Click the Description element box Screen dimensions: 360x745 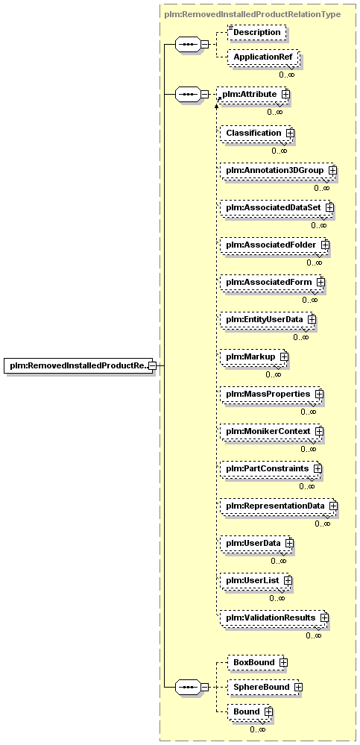(257, 32)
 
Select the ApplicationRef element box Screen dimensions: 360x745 (263, 57)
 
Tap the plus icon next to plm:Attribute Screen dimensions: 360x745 (285, 94)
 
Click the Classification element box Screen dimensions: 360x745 (257, 133)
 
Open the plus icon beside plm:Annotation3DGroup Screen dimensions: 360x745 (332, 169)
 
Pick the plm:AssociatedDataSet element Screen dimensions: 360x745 (277, 207)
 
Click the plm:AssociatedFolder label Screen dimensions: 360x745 (271, 244)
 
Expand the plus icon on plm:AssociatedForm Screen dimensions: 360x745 (320, 282)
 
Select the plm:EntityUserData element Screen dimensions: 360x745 (268, 319)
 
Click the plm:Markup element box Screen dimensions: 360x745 (254, 356)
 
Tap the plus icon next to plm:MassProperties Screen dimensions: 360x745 (319, 394)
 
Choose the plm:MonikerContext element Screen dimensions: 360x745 (271, 431)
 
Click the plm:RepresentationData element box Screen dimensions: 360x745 (279, 506)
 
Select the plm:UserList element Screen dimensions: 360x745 (256, 580)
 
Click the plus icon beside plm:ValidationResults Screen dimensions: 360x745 (324, 617)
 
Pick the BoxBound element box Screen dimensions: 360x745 (257, 662)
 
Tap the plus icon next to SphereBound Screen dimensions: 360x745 (298, 687)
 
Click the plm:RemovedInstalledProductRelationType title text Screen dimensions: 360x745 (252, 14)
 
